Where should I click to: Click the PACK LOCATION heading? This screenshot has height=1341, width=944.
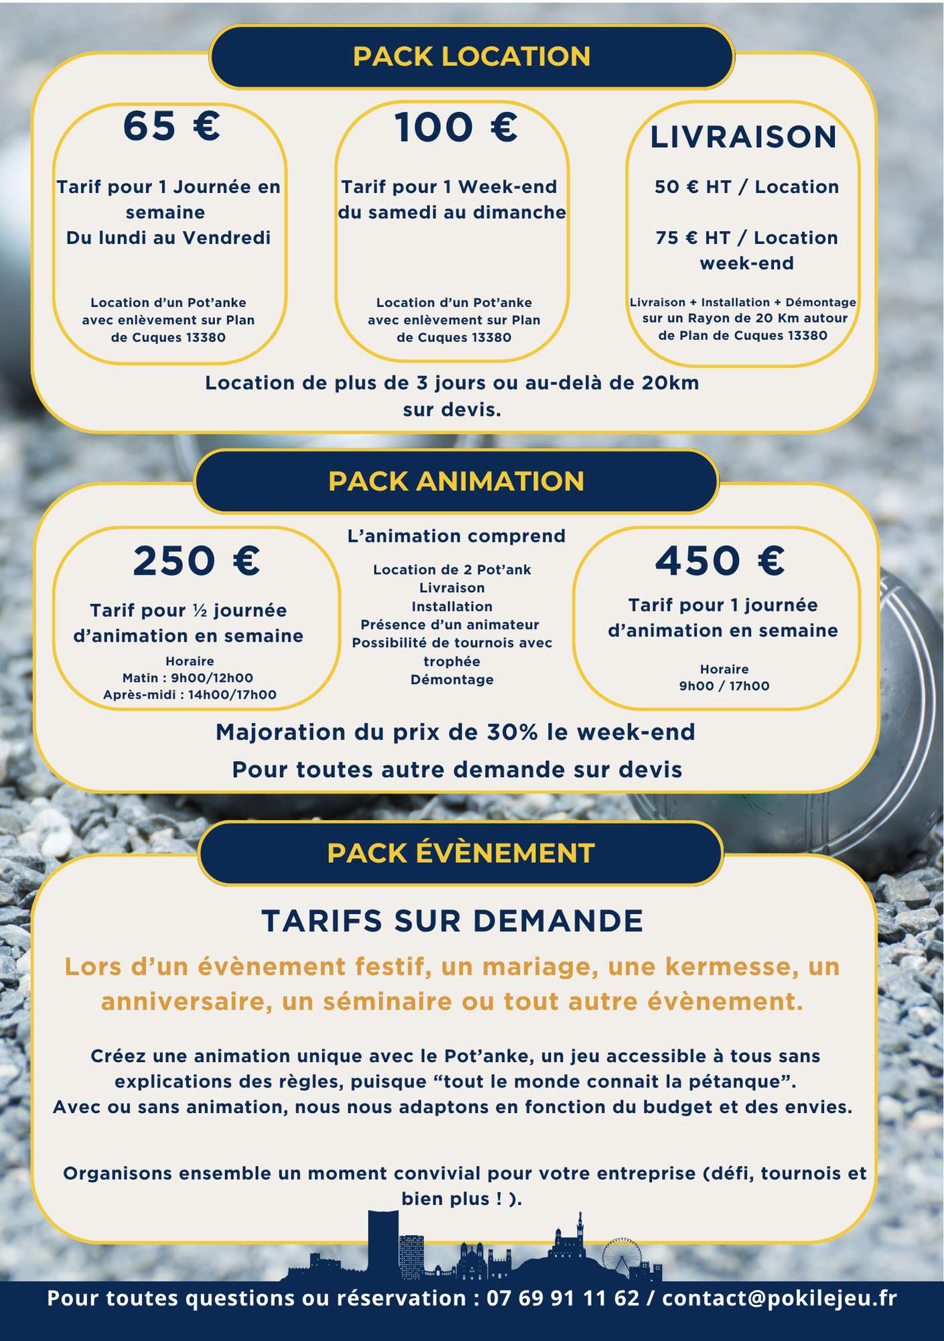tap(472, 57)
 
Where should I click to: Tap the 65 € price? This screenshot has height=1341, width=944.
tap(172, 127)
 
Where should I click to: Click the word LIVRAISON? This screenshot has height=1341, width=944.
tap(744, 137)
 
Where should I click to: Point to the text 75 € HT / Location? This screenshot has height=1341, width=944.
tap(746, 238)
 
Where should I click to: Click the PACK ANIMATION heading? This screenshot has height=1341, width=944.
tap(456, 481)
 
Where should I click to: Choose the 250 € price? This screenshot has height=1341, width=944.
tap(196, 561)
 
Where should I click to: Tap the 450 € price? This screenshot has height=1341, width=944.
tap(720, 561)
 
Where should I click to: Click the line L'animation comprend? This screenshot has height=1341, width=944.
tap(456, 536)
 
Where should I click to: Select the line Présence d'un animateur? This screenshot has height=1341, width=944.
tap(450, 625)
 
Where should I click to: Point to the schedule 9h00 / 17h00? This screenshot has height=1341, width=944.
tap(724, 686)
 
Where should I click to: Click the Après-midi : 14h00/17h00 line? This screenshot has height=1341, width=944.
tap(190, 695)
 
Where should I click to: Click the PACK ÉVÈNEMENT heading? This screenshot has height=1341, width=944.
tap(461, 854)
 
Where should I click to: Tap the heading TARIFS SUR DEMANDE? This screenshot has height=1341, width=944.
tap(452, 921)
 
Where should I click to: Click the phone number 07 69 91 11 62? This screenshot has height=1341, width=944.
tap(563, 1298)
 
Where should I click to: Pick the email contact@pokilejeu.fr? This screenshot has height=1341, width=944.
tap(779, 1298)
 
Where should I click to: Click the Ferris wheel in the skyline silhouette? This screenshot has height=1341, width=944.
tap(622, 1255)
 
